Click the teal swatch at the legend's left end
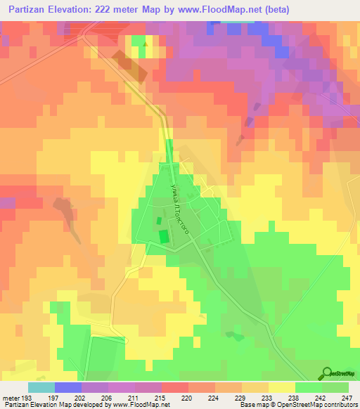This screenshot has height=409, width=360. click(41, 387)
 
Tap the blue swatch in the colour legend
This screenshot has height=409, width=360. click(67, 387)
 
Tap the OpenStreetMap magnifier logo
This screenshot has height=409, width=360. click(326, 374)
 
